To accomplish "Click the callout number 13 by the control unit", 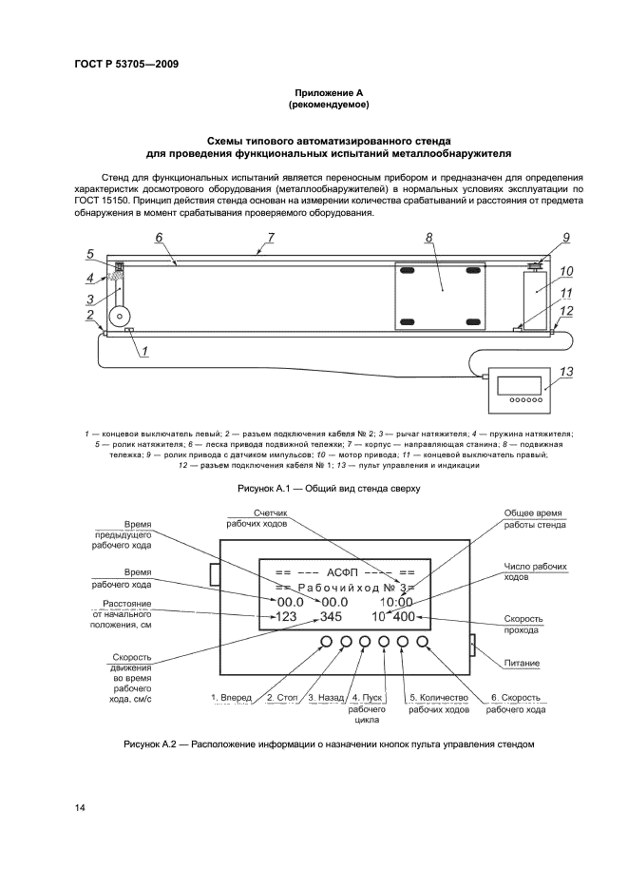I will tap(565, 372).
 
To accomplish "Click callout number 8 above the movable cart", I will tap(428, 237).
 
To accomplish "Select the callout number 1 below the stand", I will tap(144, 352).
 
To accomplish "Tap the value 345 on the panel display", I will tap(331, 617).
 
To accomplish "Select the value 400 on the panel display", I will tap(404, 617).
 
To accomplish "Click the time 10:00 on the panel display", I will tap(396, 602).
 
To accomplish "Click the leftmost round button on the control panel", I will tap(327, 643).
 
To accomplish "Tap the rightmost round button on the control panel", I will tap(422, 643).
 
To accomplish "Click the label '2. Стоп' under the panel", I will tap(282, 698).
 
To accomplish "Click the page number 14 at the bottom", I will tap(81, 807).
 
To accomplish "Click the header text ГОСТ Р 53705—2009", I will tap(126, 65).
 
